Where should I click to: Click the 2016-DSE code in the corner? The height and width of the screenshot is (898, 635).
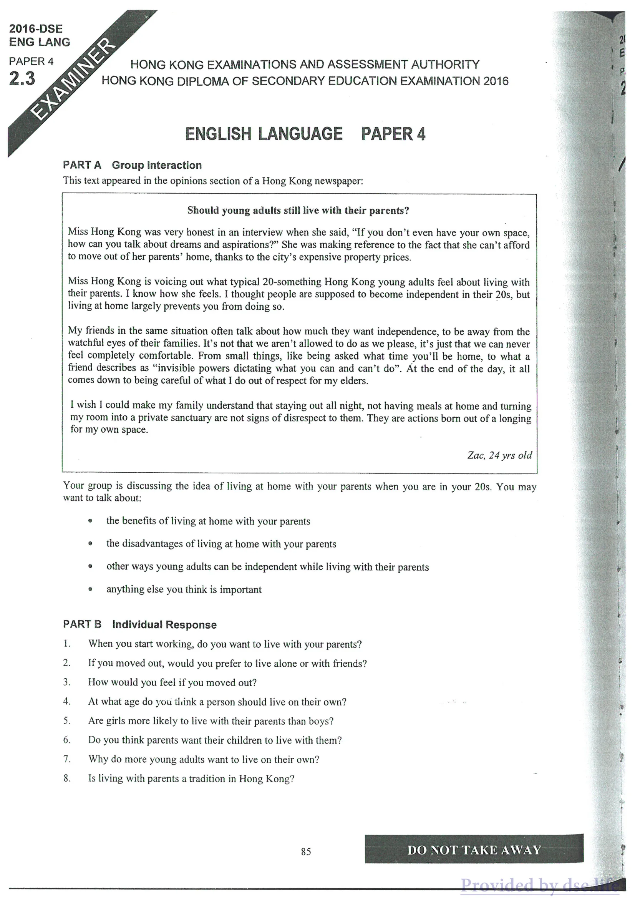coord(36,28)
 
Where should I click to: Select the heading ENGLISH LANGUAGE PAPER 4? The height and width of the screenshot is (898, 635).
coord(305,134)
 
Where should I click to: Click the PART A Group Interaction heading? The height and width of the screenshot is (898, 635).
coord(132,165)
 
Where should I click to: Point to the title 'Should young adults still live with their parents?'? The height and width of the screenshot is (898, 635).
coord(298,211)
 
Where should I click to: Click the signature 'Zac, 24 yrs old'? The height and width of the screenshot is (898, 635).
coord(499,455)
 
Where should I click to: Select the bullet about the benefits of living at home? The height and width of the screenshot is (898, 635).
coord(208,521)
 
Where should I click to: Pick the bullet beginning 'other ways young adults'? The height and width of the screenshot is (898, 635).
coord(267,567)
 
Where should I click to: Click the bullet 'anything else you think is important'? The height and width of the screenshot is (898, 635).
coord(184,589)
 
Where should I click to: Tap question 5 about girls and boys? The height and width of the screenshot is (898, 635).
coord(211,721)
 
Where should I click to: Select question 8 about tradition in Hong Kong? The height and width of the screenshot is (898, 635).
coord(191,778)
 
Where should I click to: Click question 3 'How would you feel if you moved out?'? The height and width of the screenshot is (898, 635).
coord(172,682)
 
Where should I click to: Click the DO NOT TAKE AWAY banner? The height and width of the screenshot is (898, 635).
coord(474,850)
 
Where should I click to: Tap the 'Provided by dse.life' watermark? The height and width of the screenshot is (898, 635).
coord(540,885)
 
